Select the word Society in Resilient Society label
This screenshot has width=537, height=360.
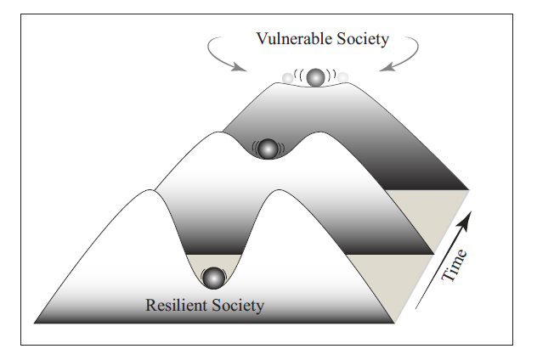(237, 305)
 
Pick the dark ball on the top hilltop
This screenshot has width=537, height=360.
(316, 77)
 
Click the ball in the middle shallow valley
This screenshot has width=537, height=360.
(268, 148)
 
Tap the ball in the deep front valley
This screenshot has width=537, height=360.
(213, 278)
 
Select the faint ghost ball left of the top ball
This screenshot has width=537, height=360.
(288, 79)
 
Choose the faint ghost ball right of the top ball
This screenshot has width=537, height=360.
(342, 78)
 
